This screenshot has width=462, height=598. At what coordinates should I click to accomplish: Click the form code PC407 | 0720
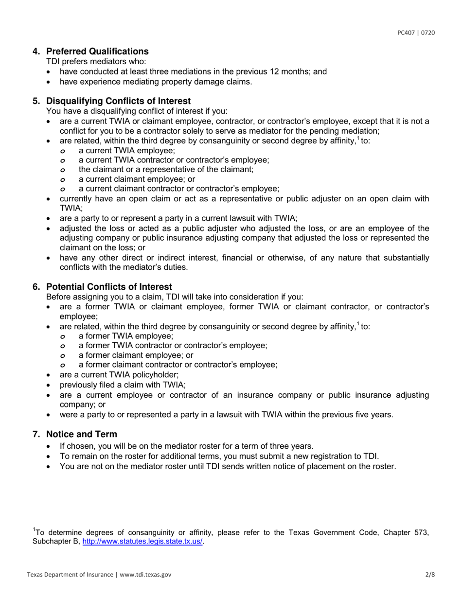(x=416, y=33)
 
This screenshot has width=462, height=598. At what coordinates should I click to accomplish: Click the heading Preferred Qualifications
(x=97, y=52)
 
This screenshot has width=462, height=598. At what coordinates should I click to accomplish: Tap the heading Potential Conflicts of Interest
(x=109, y=287)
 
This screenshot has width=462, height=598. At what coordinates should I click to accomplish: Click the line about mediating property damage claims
(x=156, y=82)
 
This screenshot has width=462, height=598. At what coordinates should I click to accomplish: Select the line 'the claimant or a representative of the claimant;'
(x=166, y=170)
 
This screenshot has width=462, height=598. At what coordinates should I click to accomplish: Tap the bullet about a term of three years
(x=186, y=446)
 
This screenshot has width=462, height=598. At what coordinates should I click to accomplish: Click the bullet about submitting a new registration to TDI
(x=219, y=456)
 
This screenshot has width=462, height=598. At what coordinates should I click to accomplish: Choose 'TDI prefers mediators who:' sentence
(x=96, y=61)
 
